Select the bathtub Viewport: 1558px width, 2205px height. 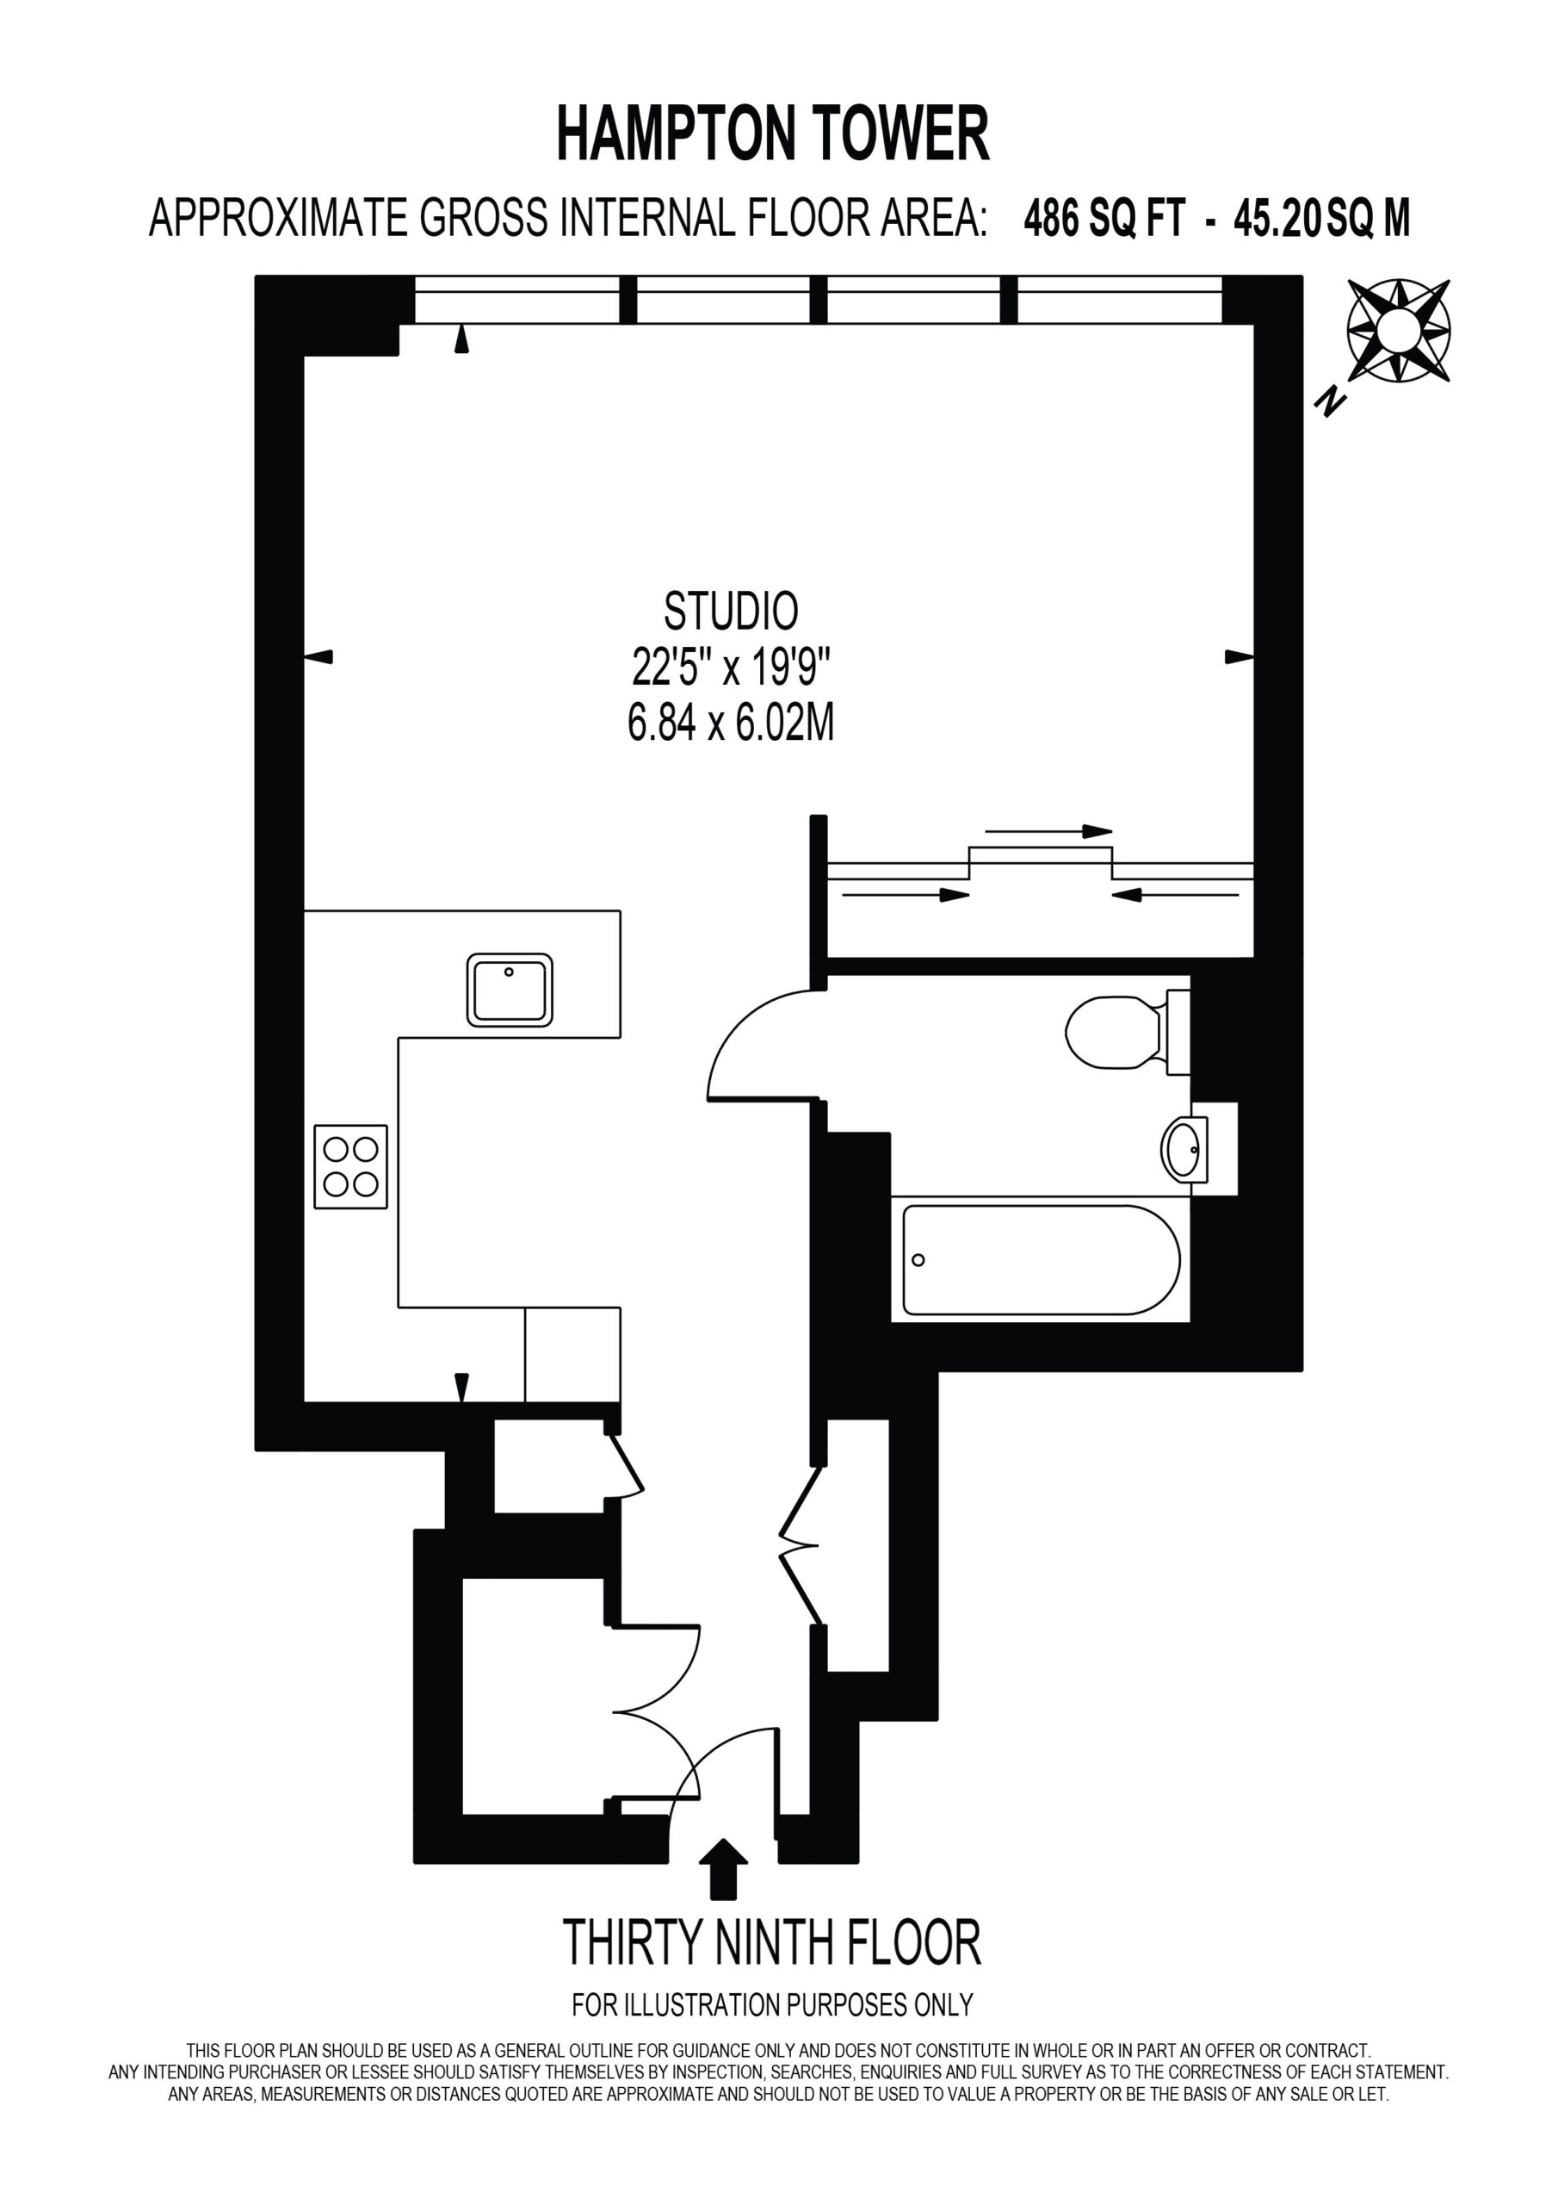(x=1042, y=1260)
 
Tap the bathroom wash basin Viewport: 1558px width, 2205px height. (x=1185, y=1150)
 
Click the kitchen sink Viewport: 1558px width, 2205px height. (x=510, y=991)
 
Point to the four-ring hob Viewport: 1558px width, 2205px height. (x=350, y=1167)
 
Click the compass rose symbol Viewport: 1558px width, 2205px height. (x=1399, y=331)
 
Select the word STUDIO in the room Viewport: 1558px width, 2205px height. (x=732, y=612)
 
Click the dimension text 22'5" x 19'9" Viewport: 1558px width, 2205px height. (x=731, y=668)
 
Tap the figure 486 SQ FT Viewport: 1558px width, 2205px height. (x=1105, y=219)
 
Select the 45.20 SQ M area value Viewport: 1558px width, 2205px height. (x=1322, y=219)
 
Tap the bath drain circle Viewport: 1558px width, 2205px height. (x=918, y=1260)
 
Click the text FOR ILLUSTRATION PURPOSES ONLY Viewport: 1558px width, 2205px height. (x=773, y=2005)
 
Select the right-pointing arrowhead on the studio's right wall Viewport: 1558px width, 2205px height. (x=1240, y=657)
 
